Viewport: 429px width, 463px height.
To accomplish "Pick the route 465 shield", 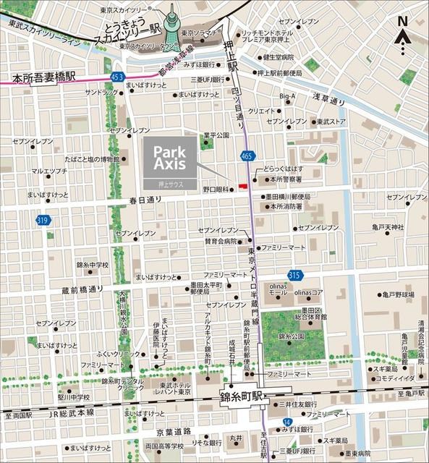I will click(247, 155).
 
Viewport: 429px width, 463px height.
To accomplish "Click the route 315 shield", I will click(294, 275).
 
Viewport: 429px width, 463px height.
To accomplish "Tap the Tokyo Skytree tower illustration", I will click(172, 25).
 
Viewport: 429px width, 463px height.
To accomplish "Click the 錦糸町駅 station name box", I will click(245, 397).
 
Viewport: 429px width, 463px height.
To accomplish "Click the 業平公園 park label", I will click(216, 135).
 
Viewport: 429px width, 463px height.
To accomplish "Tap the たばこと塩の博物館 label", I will click(91, 159).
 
